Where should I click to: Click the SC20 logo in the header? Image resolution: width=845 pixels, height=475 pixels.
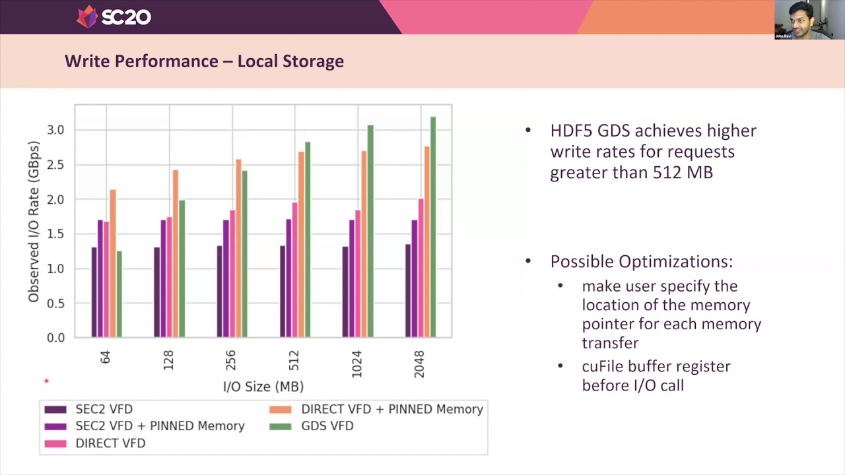point(114,16)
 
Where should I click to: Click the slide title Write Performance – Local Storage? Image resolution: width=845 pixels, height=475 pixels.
point(204,61)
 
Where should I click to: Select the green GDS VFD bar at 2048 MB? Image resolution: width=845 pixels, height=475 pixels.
point(433,227)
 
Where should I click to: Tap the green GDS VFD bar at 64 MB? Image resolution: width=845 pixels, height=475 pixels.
point(119,294)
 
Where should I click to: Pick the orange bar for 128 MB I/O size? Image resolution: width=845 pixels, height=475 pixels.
point(176,253)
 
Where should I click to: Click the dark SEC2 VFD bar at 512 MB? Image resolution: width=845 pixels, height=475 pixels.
point(283,292)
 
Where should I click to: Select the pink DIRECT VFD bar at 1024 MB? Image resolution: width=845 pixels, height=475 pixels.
point(358,274)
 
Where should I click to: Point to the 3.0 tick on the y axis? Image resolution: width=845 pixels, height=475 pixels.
point(55,130)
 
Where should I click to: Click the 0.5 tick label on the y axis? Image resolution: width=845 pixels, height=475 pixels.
point(55,303)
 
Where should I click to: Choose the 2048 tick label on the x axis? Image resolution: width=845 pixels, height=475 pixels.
point(419,364)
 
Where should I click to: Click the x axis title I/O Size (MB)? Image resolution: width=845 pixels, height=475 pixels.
point(263,387)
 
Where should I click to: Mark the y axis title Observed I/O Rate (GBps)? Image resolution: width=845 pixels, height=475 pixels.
point(34,222)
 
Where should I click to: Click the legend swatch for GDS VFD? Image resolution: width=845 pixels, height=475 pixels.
point(280,427)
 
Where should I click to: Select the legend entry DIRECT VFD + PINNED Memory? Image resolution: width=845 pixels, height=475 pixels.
point(391,410)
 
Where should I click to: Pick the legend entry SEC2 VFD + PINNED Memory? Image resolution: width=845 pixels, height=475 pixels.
point(160,426)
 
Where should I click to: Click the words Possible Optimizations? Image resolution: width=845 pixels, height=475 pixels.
point(640,262)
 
